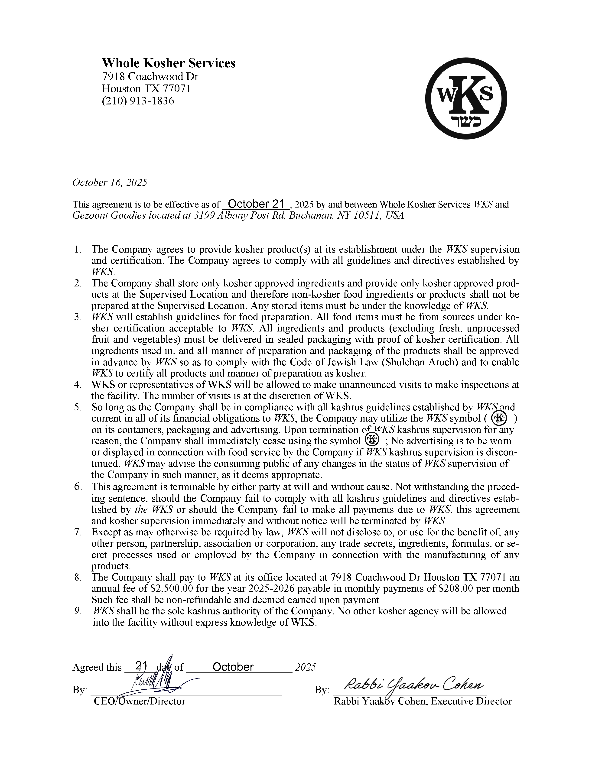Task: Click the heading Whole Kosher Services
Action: pos(168,63)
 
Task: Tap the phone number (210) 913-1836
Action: pos(138,101)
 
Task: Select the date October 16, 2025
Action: pos(110,183)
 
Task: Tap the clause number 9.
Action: pos(78,611)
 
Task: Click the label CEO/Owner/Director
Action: pos(139,701)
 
